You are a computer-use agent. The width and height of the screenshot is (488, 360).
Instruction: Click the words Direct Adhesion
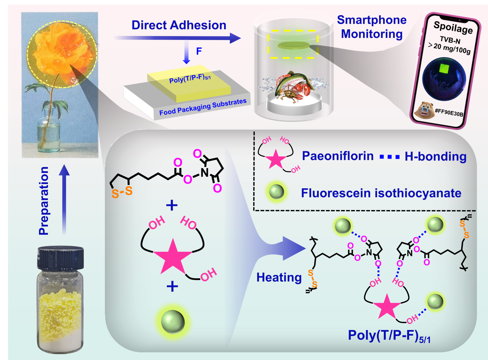coord(179,25)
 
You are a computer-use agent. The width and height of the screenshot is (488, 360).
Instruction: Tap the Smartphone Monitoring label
coord(372,27)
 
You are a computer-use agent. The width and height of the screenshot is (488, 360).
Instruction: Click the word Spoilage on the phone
coord(453,27)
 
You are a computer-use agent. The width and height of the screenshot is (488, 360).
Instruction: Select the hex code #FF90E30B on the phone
coord(449,112)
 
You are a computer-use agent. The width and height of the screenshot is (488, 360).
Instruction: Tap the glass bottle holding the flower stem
coord(49,137)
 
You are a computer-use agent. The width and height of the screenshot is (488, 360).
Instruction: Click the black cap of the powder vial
coord(60,258)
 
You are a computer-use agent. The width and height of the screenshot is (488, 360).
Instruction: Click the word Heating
coord(279,277)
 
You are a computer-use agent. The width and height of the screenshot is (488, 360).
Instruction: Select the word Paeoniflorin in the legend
coord(338,156)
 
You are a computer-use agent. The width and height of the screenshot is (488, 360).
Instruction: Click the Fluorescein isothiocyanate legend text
coord(381,193)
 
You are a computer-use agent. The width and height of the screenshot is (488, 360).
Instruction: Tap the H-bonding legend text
coord(435,156)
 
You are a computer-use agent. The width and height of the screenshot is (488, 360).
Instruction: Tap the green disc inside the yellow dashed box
coord(293,45)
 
